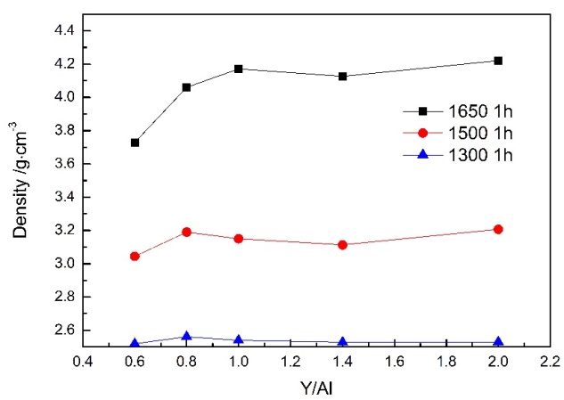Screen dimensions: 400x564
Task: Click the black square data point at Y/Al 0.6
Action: tap(135, 143)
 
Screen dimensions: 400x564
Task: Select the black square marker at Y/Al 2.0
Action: tap(498, 61)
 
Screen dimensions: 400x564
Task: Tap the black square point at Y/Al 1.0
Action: tap(239, 69)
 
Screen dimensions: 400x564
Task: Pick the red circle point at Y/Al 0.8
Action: tap(187, 232)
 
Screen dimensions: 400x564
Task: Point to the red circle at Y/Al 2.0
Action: tap(498, 229)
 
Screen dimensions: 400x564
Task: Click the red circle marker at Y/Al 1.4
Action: tap(342, 244)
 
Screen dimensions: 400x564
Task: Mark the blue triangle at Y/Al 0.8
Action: tap(187, 336)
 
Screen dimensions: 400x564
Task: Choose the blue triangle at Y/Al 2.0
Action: tap(498, 341)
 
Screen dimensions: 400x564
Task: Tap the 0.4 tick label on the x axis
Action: tap(83, 363)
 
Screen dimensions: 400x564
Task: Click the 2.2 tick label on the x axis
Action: tap(550, 363)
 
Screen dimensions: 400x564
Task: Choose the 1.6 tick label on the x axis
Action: tap(394, 363)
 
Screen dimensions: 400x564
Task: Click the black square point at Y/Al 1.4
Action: tap(342, 77)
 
